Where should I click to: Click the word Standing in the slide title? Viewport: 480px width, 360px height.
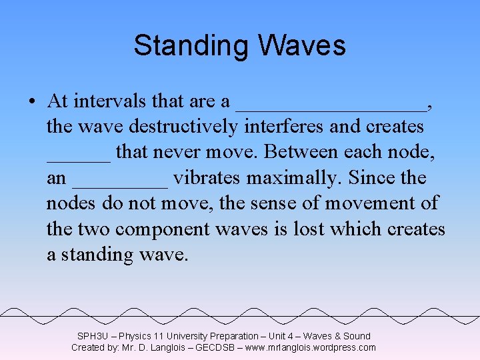point(190,46)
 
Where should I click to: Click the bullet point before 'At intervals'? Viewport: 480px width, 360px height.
point(32,102)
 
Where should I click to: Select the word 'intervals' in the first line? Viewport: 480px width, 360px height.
point(110,101)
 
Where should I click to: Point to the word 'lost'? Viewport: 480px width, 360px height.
point(306,229)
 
